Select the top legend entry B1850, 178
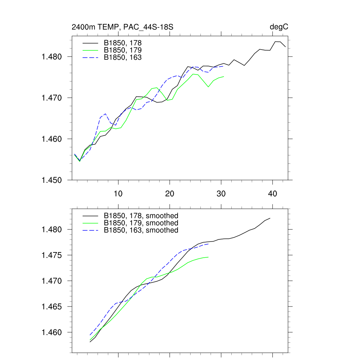(x=123, y=43)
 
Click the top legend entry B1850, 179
(x=123, y=50)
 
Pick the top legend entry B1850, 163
(x=123, y=57)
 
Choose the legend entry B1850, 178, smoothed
(x=141, y=216)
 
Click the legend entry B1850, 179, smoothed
(x=141, y=223)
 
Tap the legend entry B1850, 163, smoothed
(x=141, y=230)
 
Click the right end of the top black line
(x=285, y=47)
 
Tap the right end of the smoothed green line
(x=208, y=257)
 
